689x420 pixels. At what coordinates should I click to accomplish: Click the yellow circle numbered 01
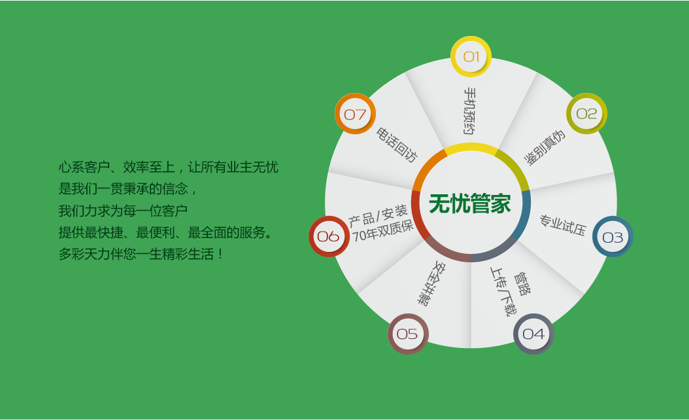471,57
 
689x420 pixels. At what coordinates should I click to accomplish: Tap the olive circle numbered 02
586,113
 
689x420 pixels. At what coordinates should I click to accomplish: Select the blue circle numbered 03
613,237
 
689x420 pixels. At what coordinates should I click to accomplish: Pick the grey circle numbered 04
533,334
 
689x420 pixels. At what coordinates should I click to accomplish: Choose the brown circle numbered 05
408,334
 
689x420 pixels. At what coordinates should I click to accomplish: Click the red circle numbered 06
329,237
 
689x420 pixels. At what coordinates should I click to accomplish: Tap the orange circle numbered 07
355,114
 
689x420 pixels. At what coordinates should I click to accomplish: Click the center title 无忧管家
470,203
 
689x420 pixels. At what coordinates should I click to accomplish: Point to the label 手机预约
470,111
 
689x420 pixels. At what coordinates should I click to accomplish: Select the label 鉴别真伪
545,149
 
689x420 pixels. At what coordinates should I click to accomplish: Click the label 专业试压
563,225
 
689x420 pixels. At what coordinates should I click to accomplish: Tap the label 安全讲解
431,284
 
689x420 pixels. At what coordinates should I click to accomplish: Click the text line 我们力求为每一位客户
123,211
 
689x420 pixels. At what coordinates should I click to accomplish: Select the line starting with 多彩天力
141,254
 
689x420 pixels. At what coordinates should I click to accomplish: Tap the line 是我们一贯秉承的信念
127,188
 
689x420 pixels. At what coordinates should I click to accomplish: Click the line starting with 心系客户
168,167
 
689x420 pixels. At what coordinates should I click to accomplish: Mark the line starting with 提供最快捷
165,232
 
